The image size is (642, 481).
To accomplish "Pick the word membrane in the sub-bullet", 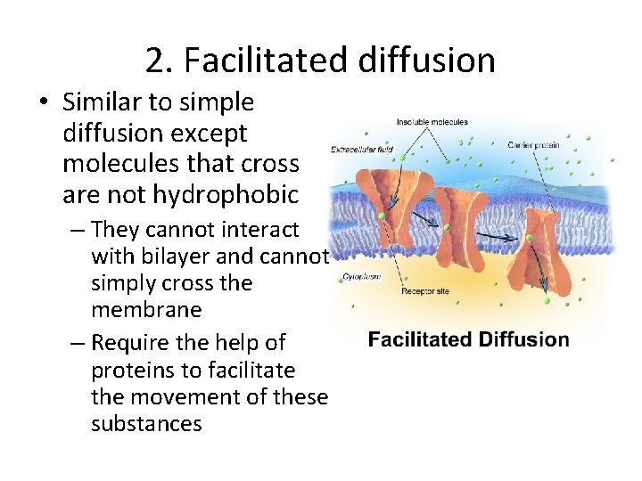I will pos(145,310).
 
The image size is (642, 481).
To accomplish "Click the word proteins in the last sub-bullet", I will pos(133,370).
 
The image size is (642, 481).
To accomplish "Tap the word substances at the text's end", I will pos(146,423).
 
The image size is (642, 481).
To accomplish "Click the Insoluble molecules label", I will pos(432,122).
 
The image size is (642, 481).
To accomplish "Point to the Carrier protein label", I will pos(533,145).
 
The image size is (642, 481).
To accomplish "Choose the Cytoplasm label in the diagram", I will pos(361,276).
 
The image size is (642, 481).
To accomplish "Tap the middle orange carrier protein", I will pos(457,227).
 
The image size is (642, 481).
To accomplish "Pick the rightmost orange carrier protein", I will pos(543,244).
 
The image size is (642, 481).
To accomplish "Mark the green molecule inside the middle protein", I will pos(448,228).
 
